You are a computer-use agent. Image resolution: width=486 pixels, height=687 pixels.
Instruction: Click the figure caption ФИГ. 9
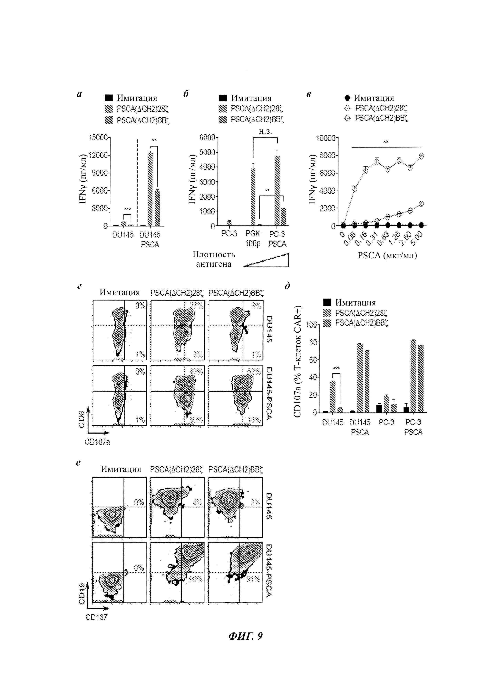[x=245, y=644]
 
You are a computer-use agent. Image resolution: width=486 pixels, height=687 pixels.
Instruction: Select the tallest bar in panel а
[x=150, y=188]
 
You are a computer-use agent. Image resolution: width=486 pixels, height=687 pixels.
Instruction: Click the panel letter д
[x=287, y=286]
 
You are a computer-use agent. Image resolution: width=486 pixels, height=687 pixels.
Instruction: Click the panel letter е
[x=78, y=463]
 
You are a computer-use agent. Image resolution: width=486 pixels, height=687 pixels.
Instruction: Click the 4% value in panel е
[x=198, y=502]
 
